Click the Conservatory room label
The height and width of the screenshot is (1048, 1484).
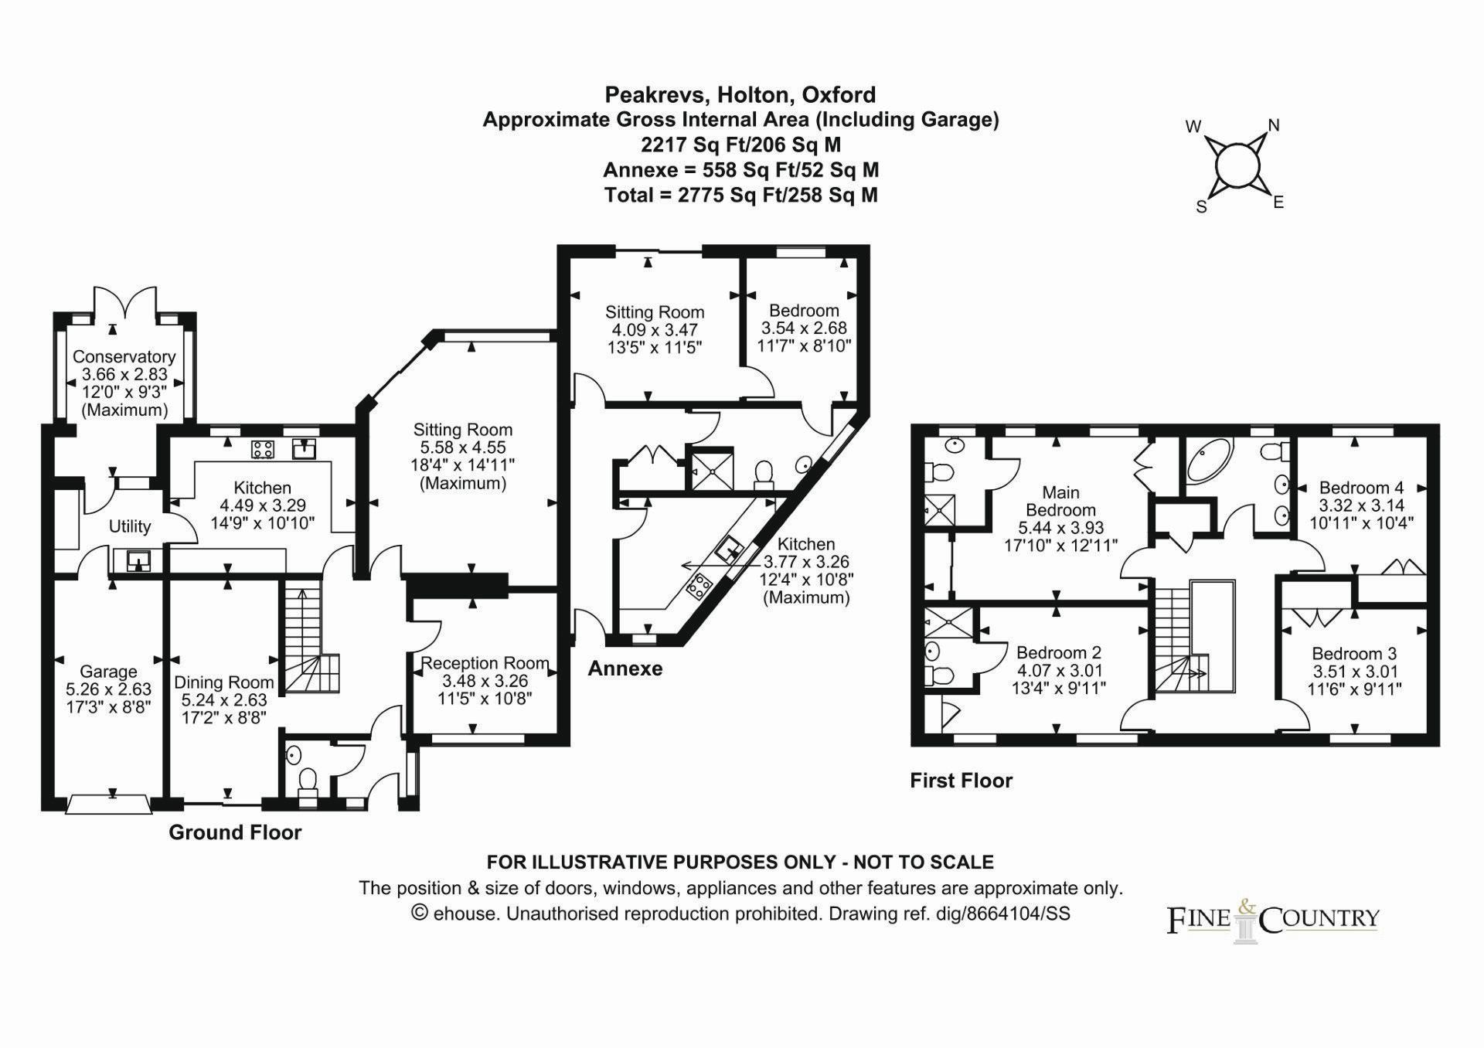coord(124,357)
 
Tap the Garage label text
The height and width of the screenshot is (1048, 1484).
coord(108,672)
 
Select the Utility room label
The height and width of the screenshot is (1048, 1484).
coord(129,526)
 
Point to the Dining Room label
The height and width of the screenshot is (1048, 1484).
coord(223,682)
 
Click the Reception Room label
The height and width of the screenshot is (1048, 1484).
coord(485,663)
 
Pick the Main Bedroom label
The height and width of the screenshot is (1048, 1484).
coord(1060,501)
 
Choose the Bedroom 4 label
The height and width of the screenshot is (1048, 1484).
coord(1361,488)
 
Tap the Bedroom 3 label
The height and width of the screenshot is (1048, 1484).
coord(1353,654)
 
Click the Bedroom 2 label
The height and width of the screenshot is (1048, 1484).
coord(1058,653)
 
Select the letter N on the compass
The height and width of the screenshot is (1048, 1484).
coord(1274,126)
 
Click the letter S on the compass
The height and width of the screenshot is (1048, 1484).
coord(1201,206)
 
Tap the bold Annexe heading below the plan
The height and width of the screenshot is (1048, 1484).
coord(625,669)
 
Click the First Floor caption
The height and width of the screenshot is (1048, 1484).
coord(961,781)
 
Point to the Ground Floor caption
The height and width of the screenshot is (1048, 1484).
coord(235,832)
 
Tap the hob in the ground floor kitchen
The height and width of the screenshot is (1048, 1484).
coord(263,449)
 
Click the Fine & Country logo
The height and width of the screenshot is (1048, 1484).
coord(1272,919)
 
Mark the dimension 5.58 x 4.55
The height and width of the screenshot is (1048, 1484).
coord(462,447)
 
